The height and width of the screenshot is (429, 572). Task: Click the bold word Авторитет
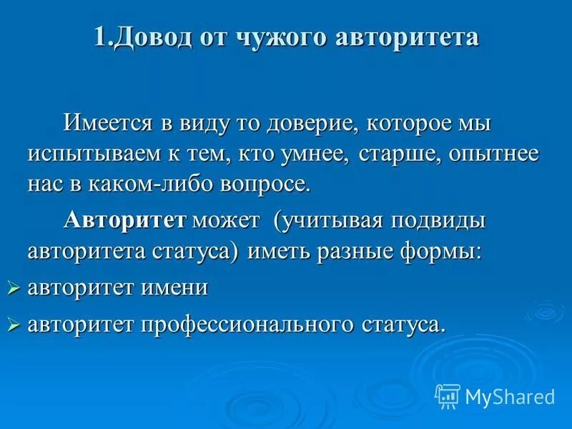click(124, 220)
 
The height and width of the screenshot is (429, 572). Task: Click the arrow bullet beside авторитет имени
click(12, 288)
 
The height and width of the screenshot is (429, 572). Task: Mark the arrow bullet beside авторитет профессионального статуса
click(12, 325)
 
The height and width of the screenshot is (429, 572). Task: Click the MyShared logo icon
click(448, 395)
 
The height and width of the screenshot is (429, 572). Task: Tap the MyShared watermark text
click(510, 395)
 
